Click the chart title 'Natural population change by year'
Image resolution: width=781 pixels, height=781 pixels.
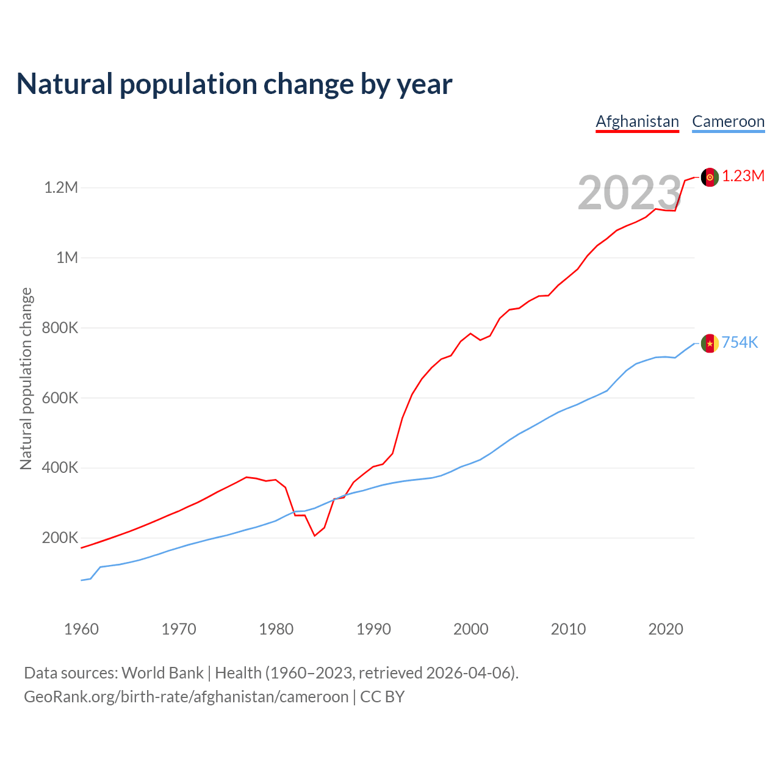coord(234,84)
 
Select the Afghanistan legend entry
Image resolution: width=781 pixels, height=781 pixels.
coord(637,121)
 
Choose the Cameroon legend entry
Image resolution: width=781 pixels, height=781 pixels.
coord(728,121)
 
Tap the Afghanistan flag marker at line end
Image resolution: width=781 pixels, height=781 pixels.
coord(710,177)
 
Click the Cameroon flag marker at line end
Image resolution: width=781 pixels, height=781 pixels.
coord(710,344)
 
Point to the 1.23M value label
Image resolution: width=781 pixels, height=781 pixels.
coord(743,176)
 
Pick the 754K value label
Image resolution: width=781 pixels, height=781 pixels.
coord(740,343)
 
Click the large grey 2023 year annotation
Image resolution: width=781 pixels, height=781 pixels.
coord(629,193)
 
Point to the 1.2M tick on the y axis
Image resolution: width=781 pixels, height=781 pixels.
coord(61,187)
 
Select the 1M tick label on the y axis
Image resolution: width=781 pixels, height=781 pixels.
coord(67,257)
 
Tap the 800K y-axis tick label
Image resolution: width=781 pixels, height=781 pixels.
coord(60,328)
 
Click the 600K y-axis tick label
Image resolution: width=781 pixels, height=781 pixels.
coord(60,398)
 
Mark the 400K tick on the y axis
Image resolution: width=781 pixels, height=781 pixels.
coord(60,468)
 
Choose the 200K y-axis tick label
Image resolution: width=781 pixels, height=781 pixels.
coord(60,538)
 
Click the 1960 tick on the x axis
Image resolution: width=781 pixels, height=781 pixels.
coord(81,629)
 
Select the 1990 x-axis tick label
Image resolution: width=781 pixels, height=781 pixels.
coord(373,629)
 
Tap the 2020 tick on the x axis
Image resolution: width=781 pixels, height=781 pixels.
coord(666,629)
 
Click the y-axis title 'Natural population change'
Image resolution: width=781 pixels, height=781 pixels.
coord(26,379)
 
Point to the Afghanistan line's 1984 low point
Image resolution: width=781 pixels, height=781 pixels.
coord(315,536)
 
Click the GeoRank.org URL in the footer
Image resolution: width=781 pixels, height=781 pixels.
coord(186,697)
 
